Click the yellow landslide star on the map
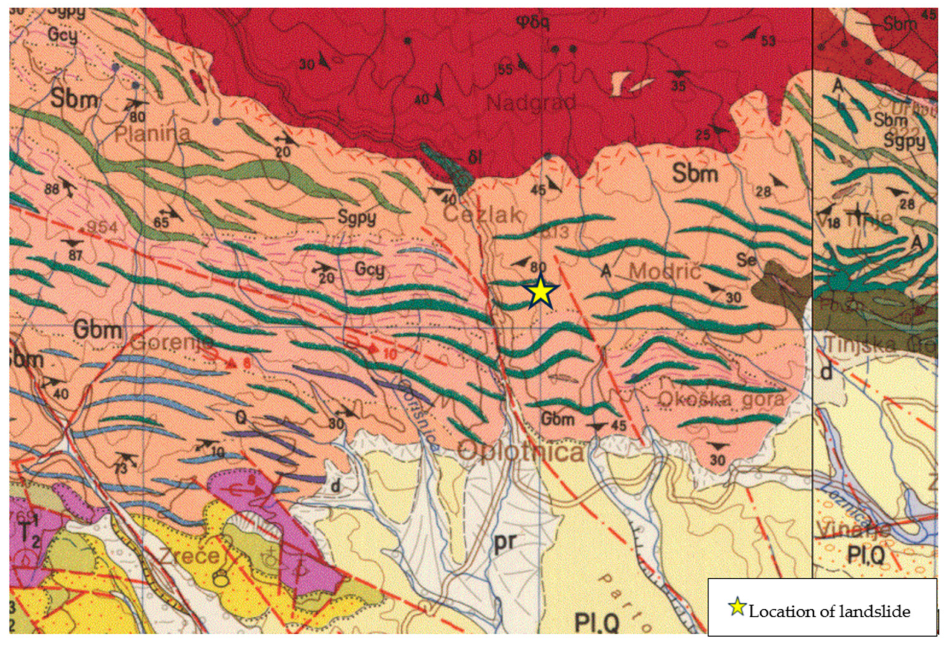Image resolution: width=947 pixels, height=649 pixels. [540, 292]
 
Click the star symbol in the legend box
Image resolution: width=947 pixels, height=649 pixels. [737, 607]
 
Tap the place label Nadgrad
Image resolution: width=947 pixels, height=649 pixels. [531, 103]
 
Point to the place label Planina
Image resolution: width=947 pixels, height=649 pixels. [152, 134]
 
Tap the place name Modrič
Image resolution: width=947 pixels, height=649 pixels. [665, 272]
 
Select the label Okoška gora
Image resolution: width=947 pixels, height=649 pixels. [721, 399]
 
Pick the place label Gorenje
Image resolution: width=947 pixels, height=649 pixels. [172, 343]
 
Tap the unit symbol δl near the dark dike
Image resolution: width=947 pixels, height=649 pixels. [475, 158]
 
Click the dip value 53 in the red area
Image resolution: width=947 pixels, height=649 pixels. [768, 41]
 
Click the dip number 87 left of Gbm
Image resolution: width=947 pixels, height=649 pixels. [75, 255]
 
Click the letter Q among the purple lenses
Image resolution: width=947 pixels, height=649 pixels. [240, 418]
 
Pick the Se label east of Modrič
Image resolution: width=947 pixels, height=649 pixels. [746, 260]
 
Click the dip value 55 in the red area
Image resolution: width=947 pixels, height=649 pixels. [505, 69]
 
